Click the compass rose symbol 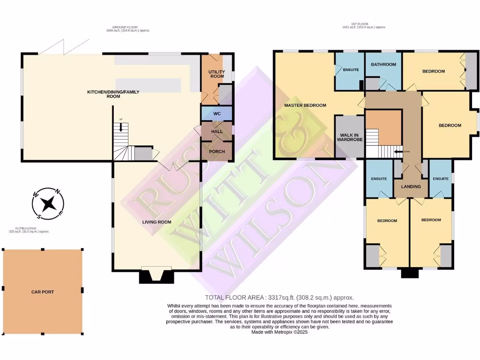[48, 203]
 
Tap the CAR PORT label [42, 292]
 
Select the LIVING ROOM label [157, 222]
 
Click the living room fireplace [157, 276]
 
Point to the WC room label [217, 114]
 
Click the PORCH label [217, 151]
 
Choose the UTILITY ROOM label [217, 75]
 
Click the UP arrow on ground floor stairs [120, 125]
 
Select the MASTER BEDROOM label [305, 105]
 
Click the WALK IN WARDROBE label [350, 138]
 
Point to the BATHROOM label [383, 65]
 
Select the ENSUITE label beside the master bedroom [351, 70]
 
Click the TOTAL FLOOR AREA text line [279, 298]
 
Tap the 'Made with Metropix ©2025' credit [279, 331]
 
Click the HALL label [217, 132]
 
